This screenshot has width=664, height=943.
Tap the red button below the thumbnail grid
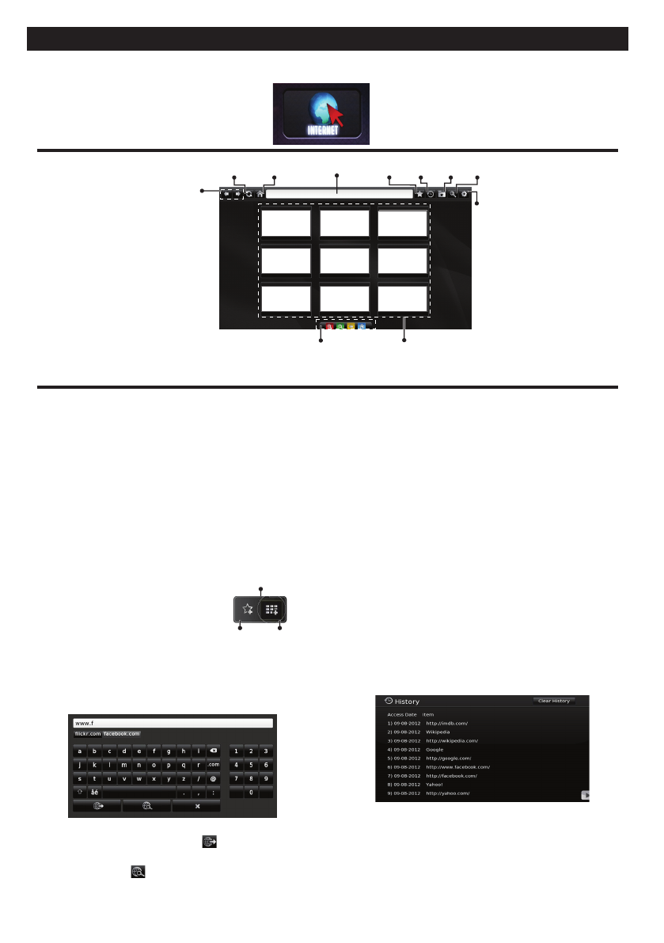(329, 325)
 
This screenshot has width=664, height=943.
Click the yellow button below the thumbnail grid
(351, 325)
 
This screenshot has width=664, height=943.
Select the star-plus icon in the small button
(248, 610)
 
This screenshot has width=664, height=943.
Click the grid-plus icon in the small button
(271, 610)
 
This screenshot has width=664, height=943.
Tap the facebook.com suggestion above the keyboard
(122, 734)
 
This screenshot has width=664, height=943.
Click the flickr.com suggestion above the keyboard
(87, 734)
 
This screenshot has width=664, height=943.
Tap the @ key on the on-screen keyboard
(213, 778)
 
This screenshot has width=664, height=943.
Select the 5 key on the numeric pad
(251, 765)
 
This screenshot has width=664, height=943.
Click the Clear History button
(553, 701)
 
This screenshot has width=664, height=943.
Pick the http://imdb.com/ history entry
(448, 723)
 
